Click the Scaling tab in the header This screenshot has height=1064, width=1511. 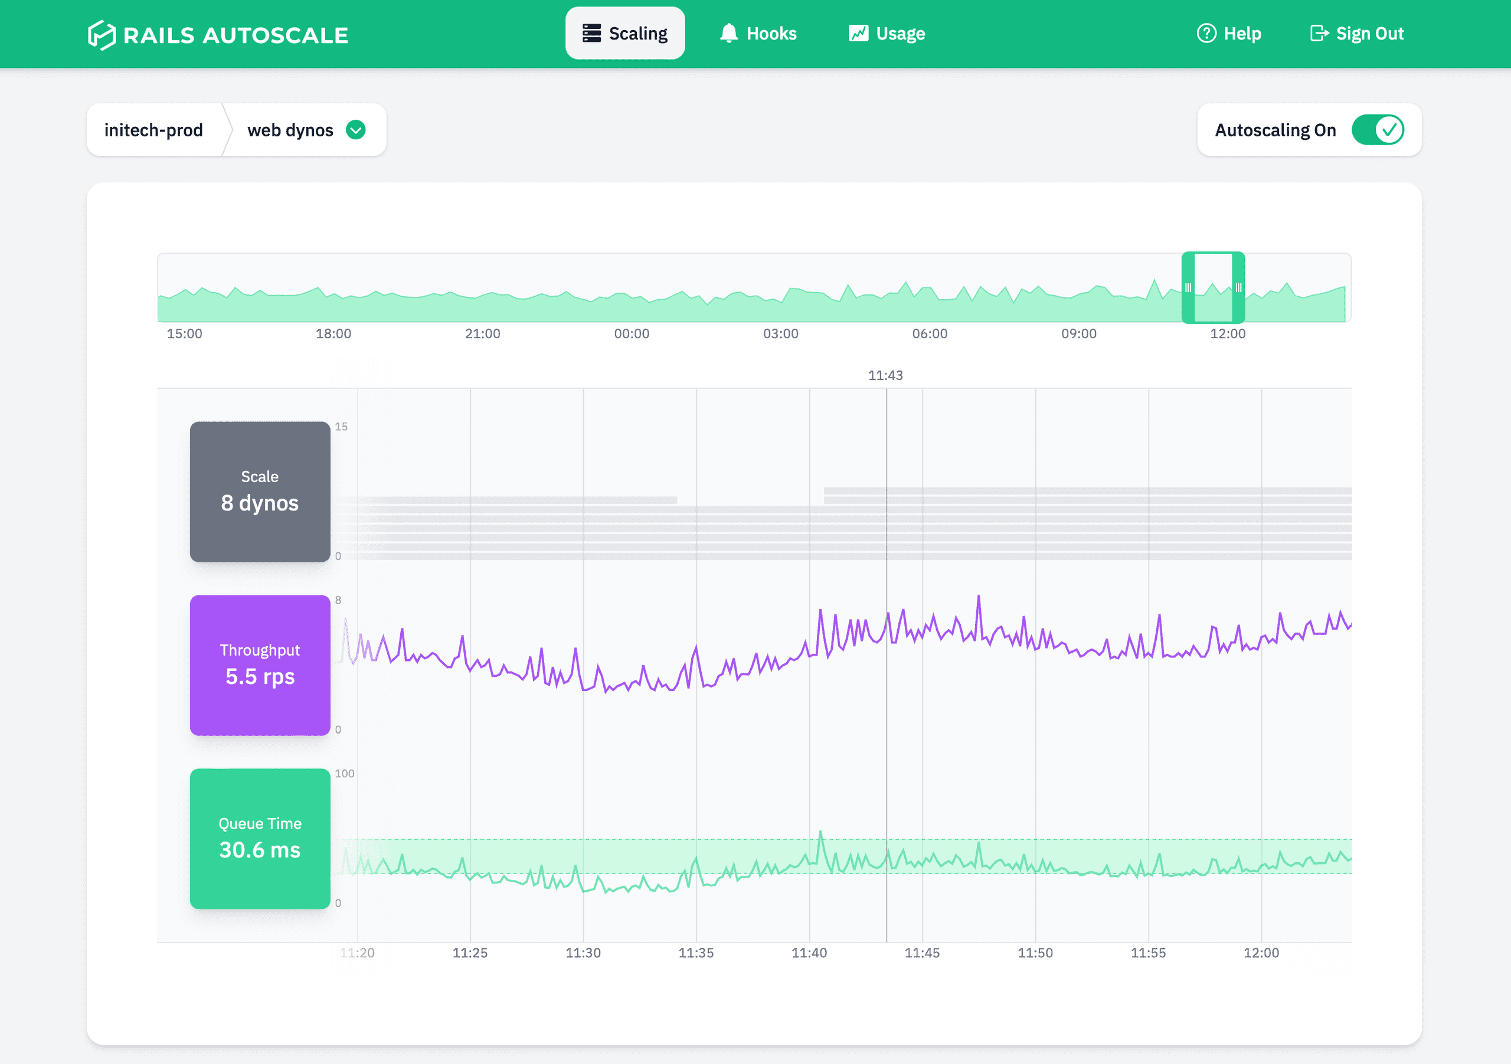[x=624, y=34]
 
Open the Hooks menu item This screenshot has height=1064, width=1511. [x=757, y=34]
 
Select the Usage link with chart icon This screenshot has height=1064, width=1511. [x=887, y=34]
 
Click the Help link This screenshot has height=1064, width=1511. [x=1229, y=34]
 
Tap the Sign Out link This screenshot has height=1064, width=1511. [x=1356, y=34]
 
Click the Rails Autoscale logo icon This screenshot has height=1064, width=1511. [x=102, y=35]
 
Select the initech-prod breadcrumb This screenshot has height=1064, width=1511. [x=153, y=130]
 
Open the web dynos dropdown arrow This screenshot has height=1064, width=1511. [x=356, y=130]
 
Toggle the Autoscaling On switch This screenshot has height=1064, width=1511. [x=1378, y=130]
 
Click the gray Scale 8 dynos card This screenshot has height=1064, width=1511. [x=260, y=492]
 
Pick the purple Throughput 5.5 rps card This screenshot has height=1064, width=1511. [x=260, y=665]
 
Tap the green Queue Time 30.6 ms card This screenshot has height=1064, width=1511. [x=260, y=839]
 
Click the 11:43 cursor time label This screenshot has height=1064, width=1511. [x=885, y=376]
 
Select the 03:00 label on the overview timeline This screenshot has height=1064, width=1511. [x=780, y=333]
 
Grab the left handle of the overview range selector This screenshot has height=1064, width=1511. [x=1188, y=287]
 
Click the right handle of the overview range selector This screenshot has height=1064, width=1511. [x=1238, y=287]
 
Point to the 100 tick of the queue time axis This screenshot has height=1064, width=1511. [x=344, y=774]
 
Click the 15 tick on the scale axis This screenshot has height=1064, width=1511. [x=341, y=427]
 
